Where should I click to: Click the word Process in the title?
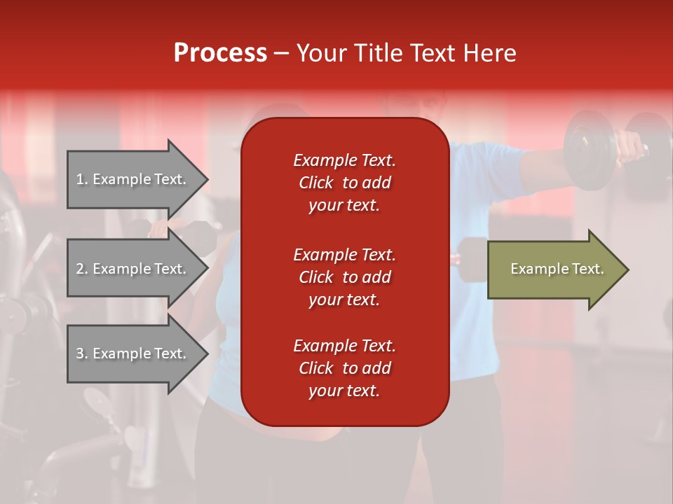coord(220,53)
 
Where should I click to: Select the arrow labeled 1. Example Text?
coord(133,179)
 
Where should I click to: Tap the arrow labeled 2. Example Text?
coord(133,269)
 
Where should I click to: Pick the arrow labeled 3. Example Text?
coord(133,353)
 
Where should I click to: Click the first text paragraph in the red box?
coord(344,183)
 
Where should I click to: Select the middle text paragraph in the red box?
coord(344,277)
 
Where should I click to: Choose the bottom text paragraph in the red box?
coord(344,368)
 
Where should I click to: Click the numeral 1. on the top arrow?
coord(82,179)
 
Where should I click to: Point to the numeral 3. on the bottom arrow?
coord(82,353)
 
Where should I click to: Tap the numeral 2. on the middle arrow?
coord(82,269)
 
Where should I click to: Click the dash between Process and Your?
coord(281,54)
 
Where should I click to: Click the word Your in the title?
coord(324,53)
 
